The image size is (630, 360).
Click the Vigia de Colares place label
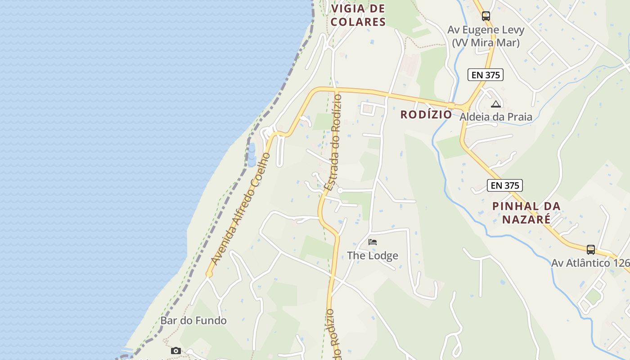(358, 15)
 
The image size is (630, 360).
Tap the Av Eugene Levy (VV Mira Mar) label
(486, 36)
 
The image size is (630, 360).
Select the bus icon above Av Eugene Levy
(486, 16)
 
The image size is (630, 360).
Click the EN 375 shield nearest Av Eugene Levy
(485, 75)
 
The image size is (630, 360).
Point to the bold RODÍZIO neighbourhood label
(426, 114)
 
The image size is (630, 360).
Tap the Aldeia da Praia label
(495, 117)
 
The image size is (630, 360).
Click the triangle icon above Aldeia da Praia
(495, 104)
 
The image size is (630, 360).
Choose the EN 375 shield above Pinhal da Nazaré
(504, 185)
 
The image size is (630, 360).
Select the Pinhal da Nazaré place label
(526, 212)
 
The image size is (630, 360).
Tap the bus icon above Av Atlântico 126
(590, 249)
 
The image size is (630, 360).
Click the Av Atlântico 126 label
(589, 262)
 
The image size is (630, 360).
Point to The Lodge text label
(372, 256)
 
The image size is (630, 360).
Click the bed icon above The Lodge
(372, 242)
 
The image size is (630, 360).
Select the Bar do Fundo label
(193, 320)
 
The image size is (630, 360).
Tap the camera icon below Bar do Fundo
(176, 351)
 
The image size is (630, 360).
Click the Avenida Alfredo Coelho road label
(240, 209)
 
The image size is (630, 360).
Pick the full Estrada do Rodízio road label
(334, 142)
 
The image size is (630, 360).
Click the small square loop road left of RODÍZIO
(368, 108)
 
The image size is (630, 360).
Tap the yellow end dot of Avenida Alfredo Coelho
(209, 274)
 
